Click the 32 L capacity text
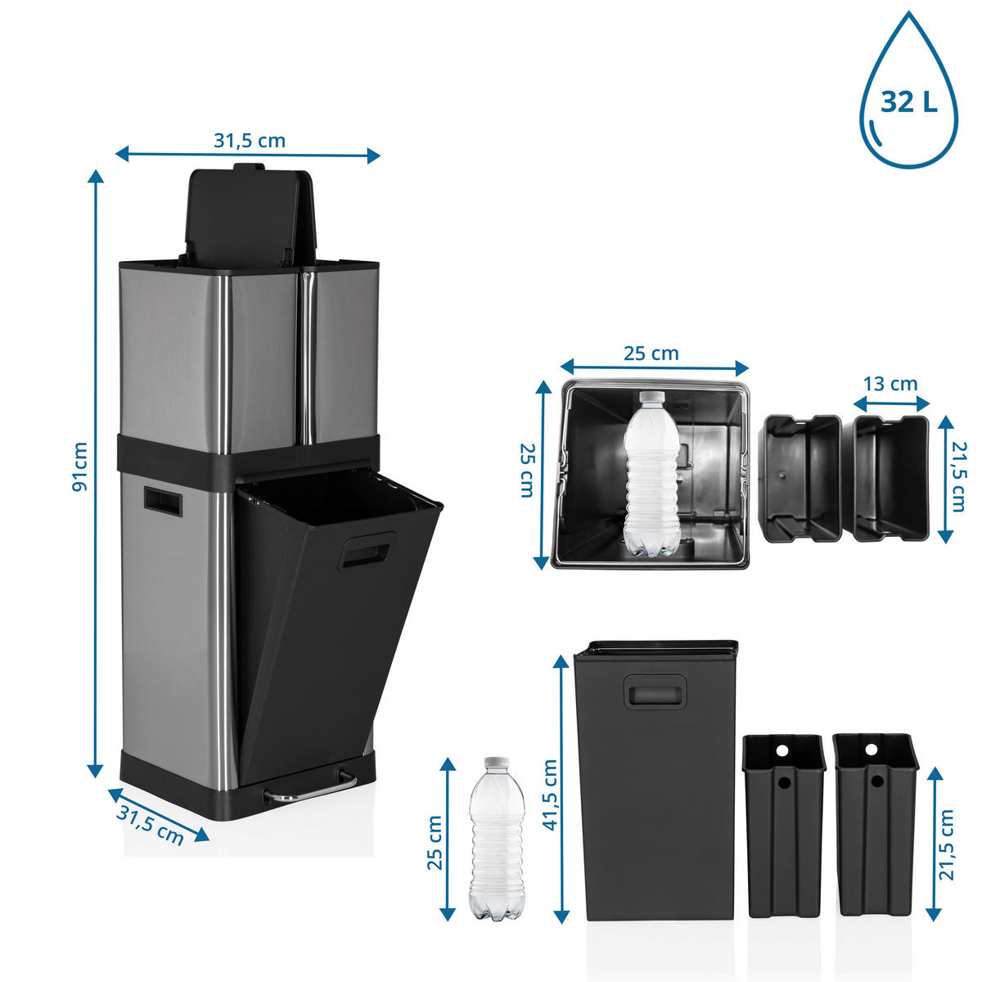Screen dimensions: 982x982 pos(908,102)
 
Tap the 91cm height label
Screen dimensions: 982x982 pos(80,466)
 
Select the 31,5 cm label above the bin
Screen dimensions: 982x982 pos(250,141)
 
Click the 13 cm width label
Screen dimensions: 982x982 pos(890,384)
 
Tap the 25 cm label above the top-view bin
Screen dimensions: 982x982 pos(651,354)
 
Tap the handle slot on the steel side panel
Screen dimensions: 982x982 pos(163,499)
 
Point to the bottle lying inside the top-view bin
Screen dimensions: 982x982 pos(652,474)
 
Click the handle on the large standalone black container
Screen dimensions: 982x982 pos(655,691)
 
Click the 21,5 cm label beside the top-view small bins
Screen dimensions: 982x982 pos(958,476)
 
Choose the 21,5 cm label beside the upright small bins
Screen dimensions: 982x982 pos(946,851)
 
